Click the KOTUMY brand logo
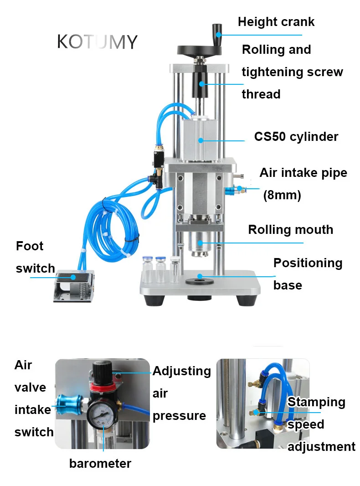tap(97, 42)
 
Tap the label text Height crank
tap(276, 22)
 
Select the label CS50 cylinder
tap(296, 137)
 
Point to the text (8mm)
tap(282, 195)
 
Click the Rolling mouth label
tap(290, 229)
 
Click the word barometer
tap(100, 464)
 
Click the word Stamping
tap(316, 402)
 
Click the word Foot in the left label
tap(30, 246)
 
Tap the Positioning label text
tap(308, 263)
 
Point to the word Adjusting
tap(182, 371)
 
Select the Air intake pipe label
tap(303, 173)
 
